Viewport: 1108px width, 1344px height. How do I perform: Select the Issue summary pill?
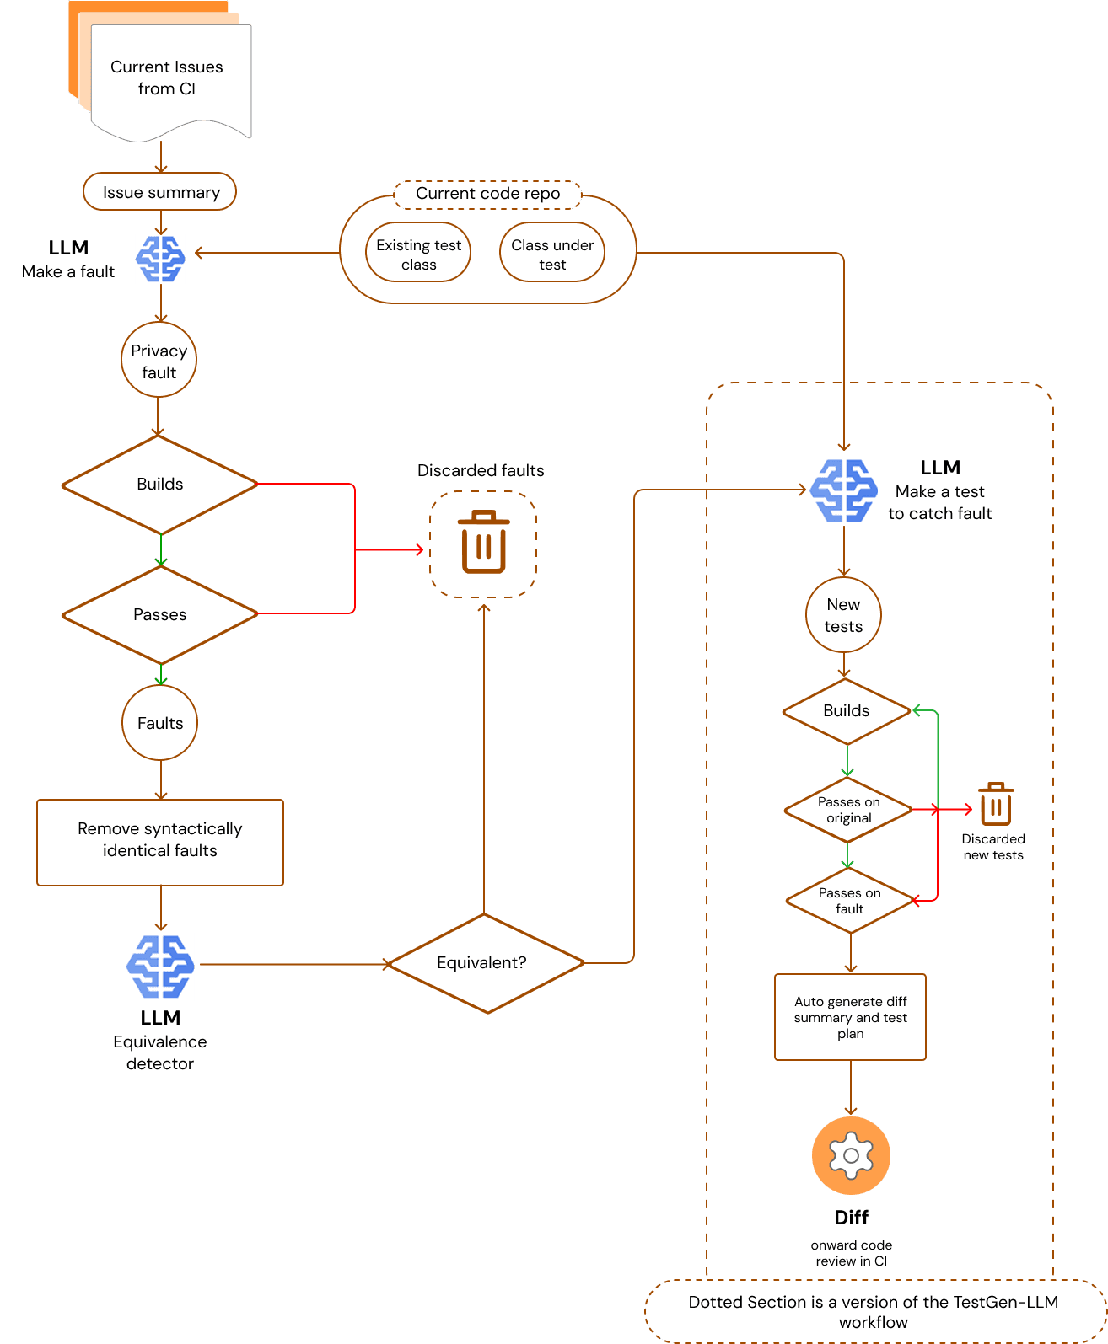point(160,192)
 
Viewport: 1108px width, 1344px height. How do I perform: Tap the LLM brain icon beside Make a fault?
point(160,259)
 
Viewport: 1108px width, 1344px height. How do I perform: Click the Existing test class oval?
point(418,254)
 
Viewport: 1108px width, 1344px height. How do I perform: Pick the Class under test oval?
point(552,254)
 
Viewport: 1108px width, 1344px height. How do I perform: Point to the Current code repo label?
point(487,194)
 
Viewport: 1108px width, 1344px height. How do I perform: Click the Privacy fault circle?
point(159,361)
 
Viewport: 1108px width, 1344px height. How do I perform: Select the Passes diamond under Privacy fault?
point(159,614)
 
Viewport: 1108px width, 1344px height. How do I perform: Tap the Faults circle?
point(160,723)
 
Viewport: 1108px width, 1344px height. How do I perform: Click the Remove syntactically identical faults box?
point(160,840)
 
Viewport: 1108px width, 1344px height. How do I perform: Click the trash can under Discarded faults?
point(483,543)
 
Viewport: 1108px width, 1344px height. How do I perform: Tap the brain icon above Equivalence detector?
point(160,967)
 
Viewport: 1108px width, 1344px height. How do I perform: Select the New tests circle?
point(843,615)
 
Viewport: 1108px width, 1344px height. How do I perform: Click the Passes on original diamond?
point(848,810)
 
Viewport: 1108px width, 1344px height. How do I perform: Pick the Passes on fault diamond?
point(849,901)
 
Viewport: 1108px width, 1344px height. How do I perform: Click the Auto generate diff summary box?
point(850,1017)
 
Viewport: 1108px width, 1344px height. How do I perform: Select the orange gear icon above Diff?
point(851,1155)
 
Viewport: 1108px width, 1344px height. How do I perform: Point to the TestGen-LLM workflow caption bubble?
point(874,1311)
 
